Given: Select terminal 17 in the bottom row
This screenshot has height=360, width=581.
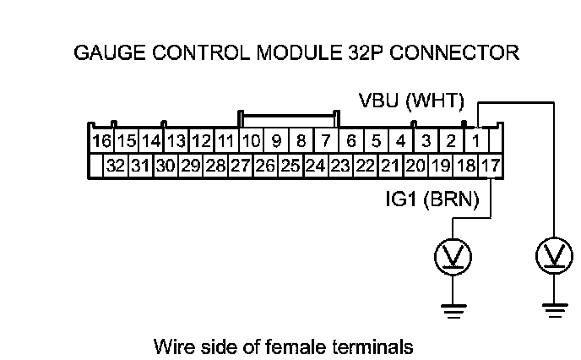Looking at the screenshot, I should tap(490, 166).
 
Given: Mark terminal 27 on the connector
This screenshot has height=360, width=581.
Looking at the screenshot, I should tap(240, 166).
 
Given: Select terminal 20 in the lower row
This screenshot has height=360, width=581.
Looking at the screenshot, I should tap(415, 166).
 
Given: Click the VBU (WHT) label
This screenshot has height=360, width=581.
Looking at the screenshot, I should tap(411, 102).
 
